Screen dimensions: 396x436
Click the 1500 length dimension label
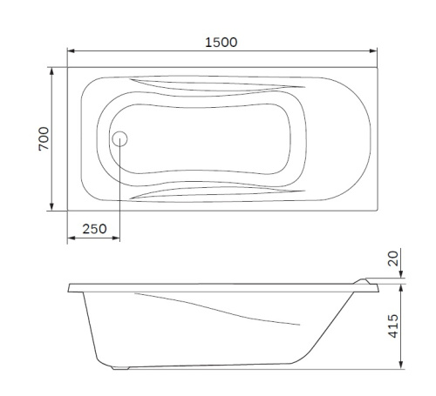pyautogui.click(x=222, y=41)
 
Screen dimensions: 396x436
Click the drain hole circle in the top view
pyautogui.click(x=120, y=138)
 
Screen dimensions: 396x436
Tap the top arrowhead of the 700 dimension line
pyautogui.click(x=52, y=69)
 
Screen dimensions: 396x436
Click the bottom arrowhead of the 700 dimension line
pyautogui.click(x=52, y=207)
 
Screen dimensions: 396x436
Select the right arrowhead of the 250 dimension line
pyautogui.click(x=117, y=238)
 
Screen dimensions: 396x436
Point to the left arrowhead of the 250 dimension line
pyautogui.click(x=71, y=238)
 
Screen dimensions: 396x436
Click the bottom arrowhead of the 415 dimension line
pyautogui.click(x=402, y=365)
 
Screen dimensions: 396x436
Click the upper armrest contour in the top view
pyautogui.click(x=218, y=84)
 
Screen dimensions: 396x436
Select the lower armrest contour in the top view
pyautogui.click(x=218, y=191)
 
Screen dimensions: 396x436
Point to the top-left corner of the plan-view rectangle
pyautogui.click(x=67, y=66)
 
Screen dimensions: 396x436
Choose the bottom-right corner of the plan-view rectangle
pyautogui.click(x=379, y=210)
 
